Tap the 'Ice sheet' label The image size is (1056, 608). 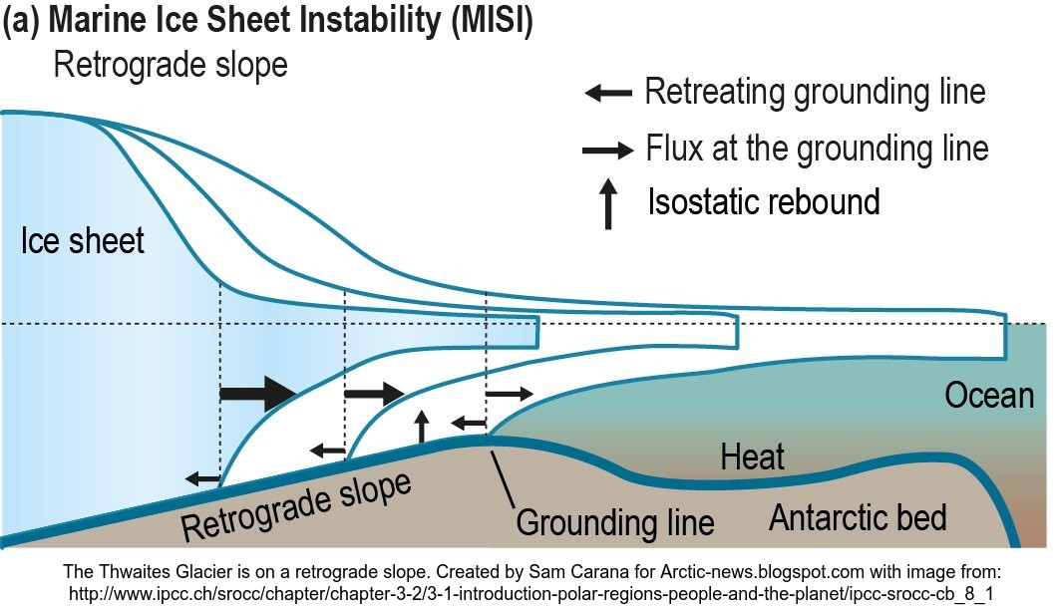83,240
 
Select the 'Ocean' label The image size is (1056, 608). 989,396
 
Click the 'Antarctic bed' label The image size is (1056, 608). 858,517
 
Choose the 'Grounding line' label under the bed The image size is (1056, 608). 614,522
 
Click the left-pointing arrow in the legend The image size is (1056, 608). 607,94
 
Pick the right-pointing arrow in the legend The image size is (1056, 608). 607,151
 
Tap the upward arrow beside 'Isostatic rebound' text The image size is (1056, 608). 607,206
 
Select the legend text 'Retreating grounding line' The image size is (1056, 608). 815,92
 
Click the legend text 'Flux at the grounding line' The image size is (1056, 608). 817,149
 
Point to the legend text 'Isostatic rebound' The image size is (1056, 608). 764,201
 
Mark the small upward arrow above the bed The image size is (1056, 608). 422,426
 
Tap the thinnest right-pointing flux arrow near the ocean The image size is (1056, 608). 510,394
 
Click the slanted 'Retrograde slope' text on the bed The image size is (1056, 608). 296,504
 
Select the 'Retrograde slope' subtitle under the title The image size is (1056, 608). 171,66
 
